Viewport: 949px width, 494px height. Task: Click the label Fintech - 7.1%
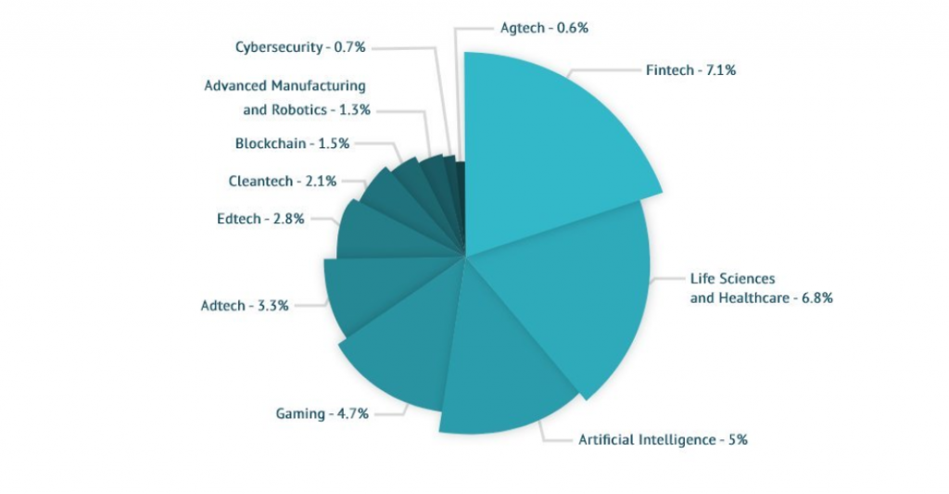tap(690, 70)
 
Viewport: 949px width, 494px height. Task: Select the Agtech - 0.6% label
tap(544, 28)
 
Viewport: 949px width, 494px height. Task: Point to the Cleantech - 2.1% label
tap(282, 181)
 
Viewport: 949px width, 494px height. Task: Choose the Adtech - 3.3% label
tap(245, 305)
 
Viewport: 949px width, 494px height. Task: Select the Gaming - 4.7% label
tap(322, 413)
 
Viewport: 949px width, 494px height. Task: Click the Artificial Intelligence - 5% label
tap(663, 439)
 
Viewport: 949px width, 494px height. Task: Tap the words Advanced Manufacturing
tap(285, 85)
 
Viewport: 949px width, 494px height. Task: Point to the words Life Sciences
tap(732, 278)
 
